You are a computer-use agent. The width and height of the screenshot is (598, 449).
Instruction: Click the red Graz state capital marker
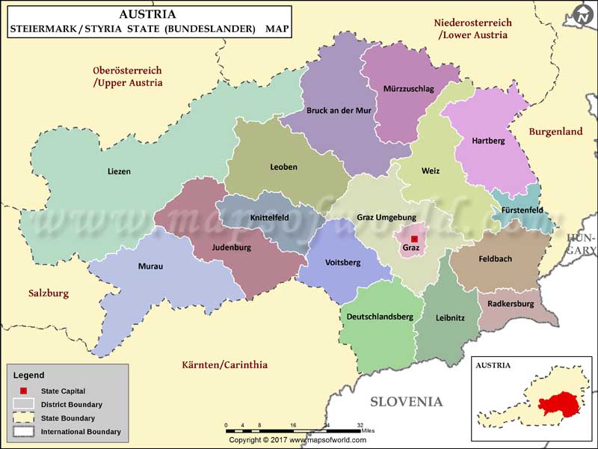click(414, 239)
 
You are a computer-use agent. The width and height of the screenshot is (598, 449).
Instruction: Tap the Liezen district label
click(119, 171)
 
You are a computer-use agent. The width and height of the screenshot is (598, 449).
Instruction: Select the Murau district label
click(150, 266)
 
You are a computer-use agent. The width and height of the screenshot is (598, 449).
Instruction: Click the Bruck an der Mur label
click(339, 110)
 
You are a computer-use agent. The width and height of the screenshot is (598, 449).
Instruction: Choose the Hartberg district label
click(488, 140)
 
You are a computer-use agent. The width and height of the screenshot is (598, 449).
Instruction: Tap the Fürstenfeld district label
click(523, 210)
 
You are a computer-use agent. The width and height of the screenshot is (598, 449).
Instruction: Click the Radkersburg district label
click(511, 304)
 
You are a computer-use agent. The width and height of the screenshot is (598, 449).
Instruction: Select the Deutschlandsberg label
click(380, 317)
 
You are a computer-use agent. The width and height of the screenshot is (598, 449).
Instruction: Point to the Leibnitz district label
click(450, 317)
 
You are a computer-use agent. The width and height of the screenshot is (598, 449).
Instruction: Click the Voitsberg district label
click(343, 263)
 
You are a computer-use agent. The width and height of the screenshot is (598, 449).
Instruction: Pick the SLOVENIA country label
click(406, 402)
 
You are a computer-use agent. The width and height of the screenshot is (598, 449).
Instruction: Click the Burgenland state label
click(555, 132)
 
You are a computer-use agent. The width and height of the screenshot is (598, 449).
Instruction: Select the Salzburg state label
click(48, 293)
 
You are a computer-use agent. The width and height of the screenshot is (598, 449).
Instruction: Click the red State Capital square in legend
click(23, 391)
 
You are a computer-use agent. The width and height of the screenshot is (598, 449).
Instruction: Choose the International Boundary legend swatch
click(24, 431)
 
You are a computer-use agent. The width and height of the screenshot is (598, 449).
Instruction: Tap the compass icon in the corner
click(582, 15)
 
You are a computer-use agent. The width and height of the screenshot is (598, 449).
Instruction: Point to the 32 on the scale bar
click(360, 424)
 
